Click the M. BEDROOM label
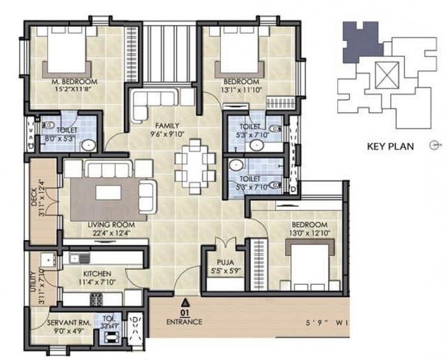(x=74, y=82)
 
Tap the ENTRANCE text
(x=185, y=322)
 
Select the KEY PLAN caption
(x=390, y=146)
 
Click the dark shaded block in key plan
(x=361, y=41)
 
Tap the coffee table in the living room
(x=109, y=193)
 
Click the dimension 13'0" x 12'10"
(x=310, y=233)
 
